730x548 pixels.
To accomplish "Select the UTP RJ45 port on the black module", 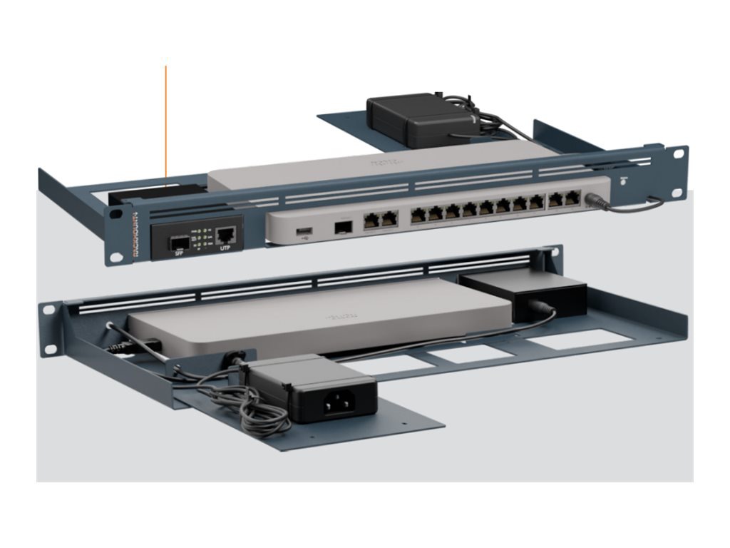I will pyautogui.click(x=227, y=233).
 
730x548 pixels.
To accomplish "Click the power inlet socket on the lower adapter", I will pyautogui.click(x=339, y=405).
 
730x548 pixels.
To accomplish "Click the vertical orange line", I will pyautogui.click(x=166, y=121).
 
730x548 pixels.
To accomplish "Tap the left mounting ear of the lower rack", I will pyautogui.click(x=48, y=328).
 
